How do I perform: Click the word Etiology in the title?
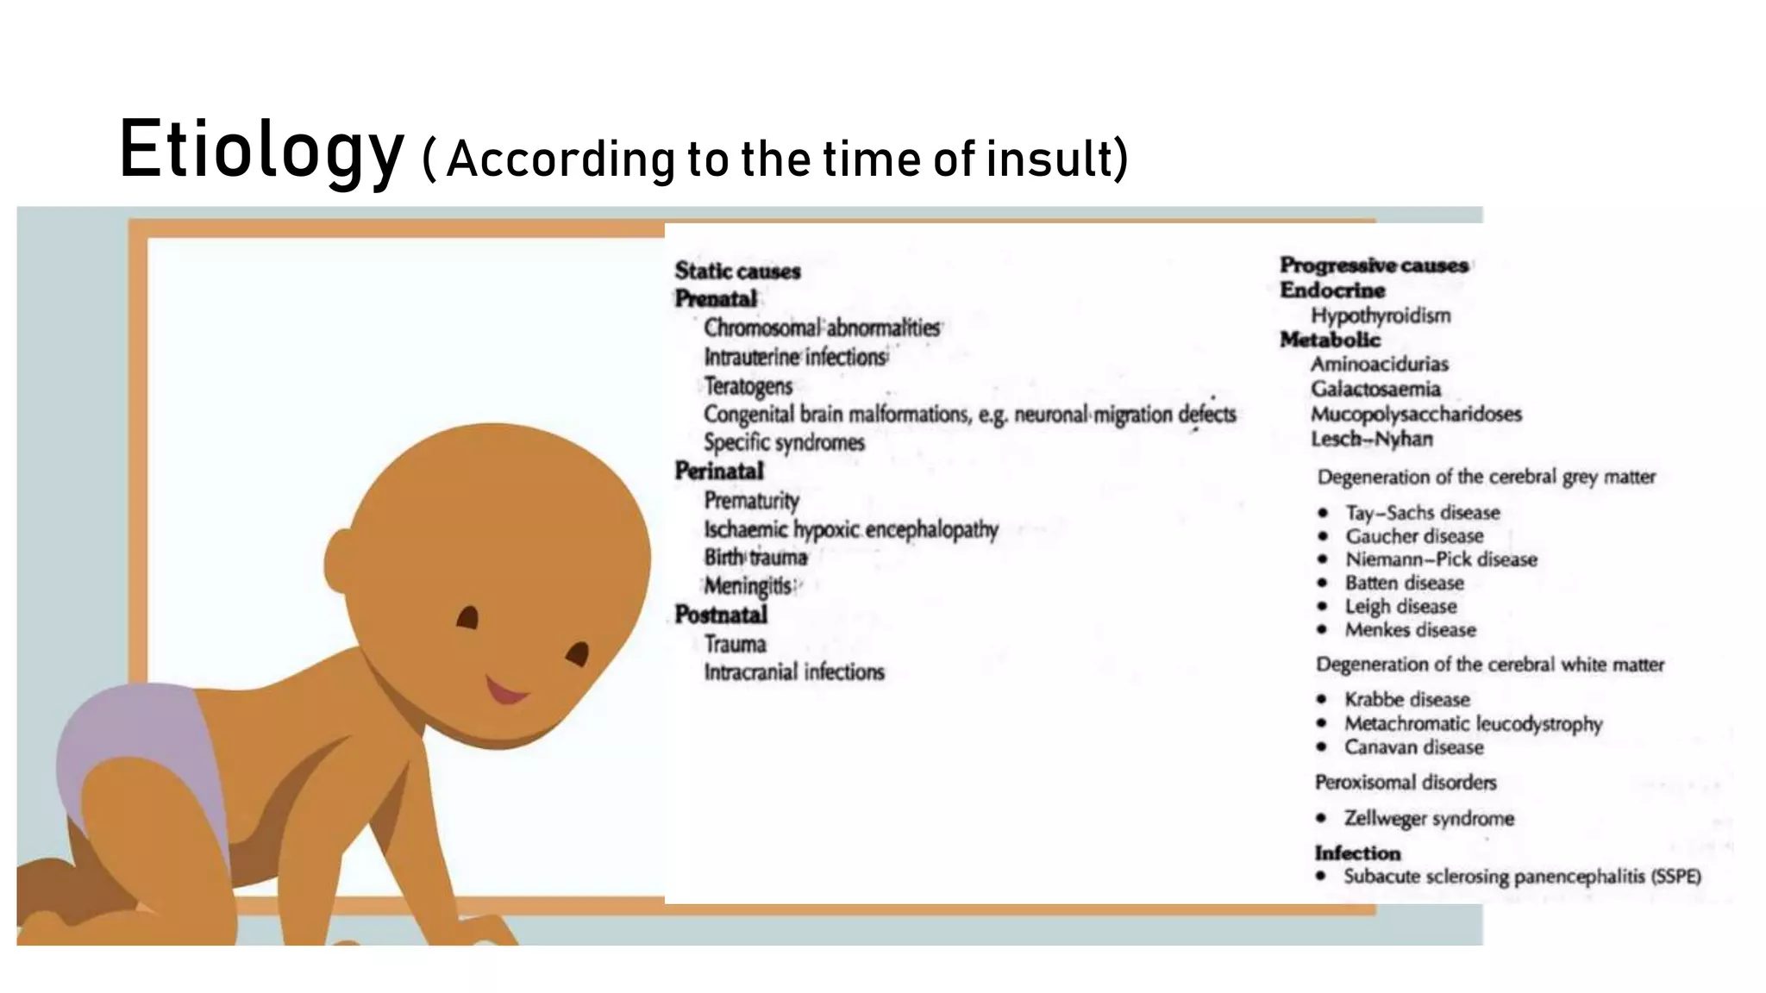coord(260,150)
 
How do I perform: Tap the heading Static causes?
coord(737,271)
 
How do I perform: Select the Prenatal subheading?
coord(716,299)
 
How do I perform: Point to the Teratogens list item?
coord(748,385)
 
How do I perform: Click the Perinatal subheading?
coord(719,471)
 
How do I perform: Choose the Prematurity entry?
coord(751,500)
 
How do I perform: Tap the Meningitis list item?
coord(748,586)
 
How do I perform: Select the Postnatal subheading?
coord(721,615)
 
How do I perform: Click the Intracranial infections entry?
coord(794,671)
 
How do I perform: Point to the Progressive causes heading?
coord(1374,265)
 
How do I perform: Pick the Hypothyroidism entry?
coord(1381,315)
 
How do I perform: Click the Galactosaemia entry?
coord(1375,389)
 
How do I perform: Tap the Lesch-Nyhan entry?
coord(1372,439)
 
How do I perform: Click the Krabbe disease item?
coord(1406,699)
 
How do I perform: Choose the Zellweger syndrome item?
coord(1429,818)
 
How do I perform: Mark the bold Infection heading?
coord(1357,852)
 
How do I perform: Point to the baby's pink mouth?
coord(506,690)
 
